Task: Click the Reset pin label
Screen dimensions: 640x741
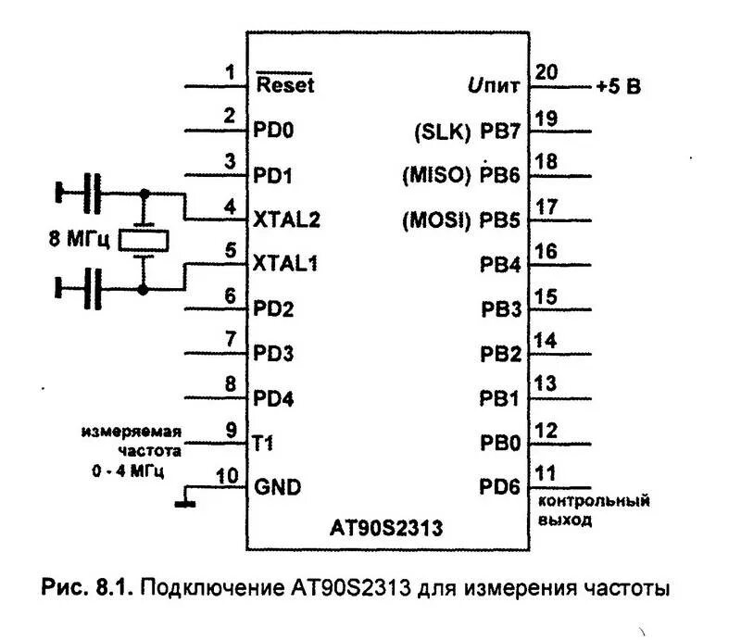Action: (x=284, y=84)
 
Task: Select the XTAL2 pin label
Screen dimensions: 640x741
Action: (x=287, y=220)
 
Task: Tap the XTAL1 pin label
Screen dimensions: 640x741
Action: (x=286, y=264)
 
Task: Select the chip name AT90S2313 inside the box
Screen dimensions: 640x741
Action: (x=386, y=529)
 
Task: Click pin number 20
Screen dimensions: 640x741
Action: (x=546, y=73)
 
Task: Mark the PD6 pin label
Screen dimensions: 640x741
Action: (x=500, y=485)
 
